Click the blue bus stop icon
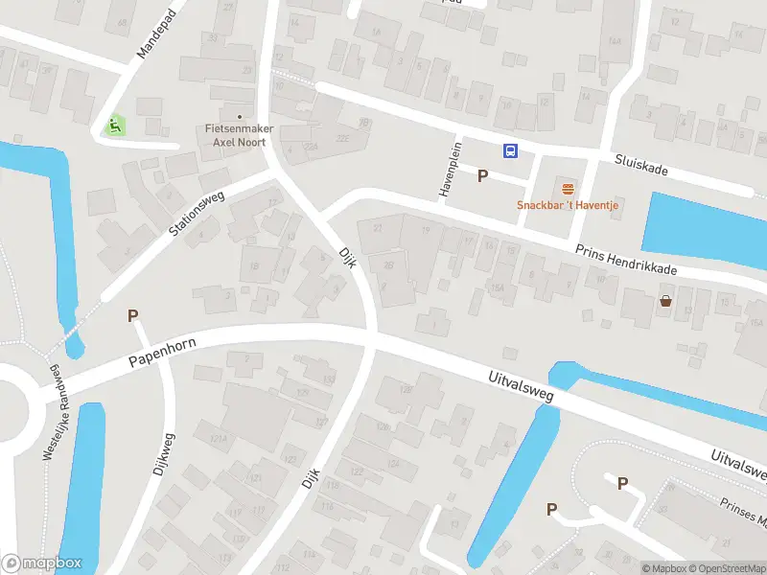pos(511,150)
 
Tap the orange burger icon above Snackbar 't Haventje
pos(568,188)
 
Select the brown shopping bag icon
pos(665,301)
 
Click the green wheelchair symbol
pos(114,125)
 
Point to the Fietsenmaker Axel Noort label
pos(239,134)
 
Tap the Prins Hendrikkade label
pos(626,260)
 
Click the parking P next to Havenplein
pos(482,175)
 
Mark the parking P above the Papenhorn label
pos(133,316)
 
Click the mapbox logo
pos(41,563)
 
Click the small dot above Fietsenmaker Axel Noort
pos(240,117)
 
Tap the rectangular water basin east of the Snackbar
pos(704,229)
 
